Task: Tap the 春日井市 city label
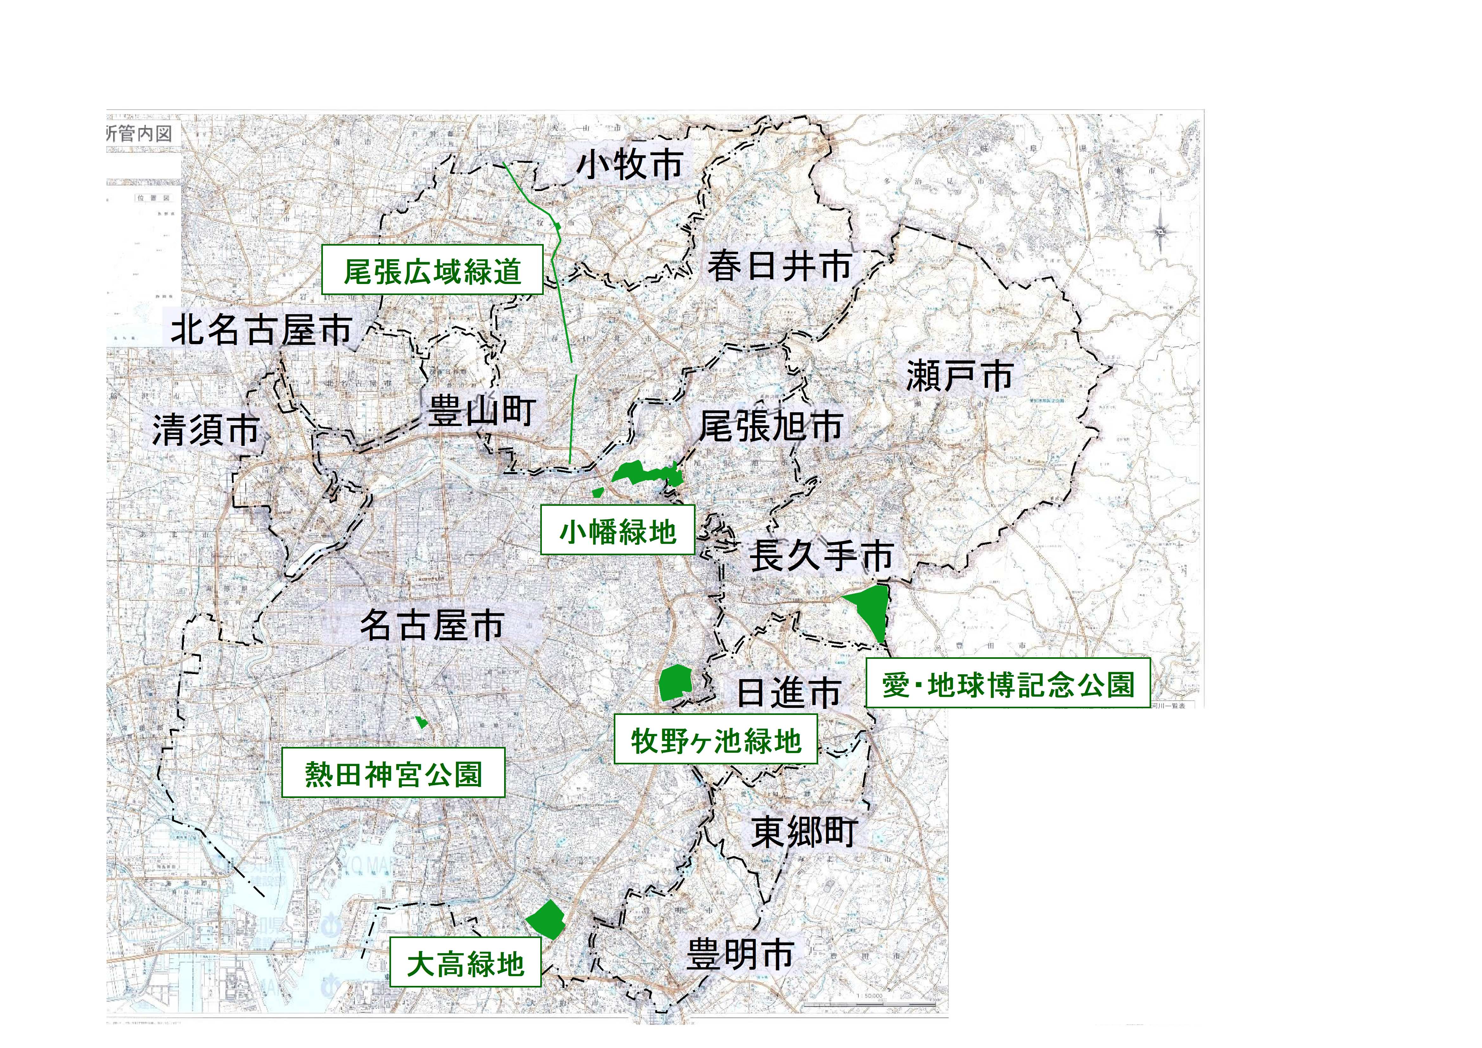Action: [x=779, y=266]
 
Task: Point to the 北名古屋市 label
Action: [x=261, y=330]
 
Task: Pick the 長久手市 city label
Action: [x=821, y=556]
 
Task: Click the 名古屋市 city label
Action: [x=431, y=625]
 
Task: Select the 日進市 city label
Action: [x=789, y=693]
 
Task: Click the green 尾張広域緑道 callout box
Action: [x=432, y=271]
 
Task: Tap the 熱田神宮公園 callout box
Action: [x=393, y=774]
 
